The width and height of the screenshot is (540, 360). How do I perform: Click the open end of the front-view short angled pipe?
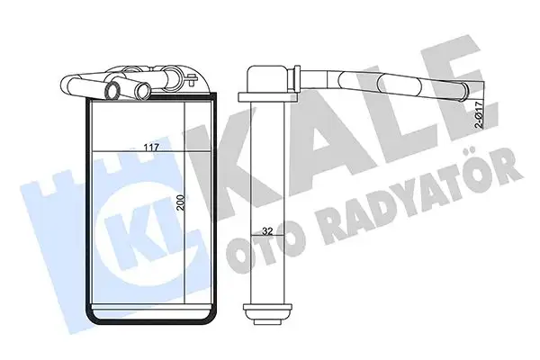[113, 89]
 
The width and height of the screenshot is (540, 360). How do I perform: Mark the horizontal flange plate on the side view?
[267, 96]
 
